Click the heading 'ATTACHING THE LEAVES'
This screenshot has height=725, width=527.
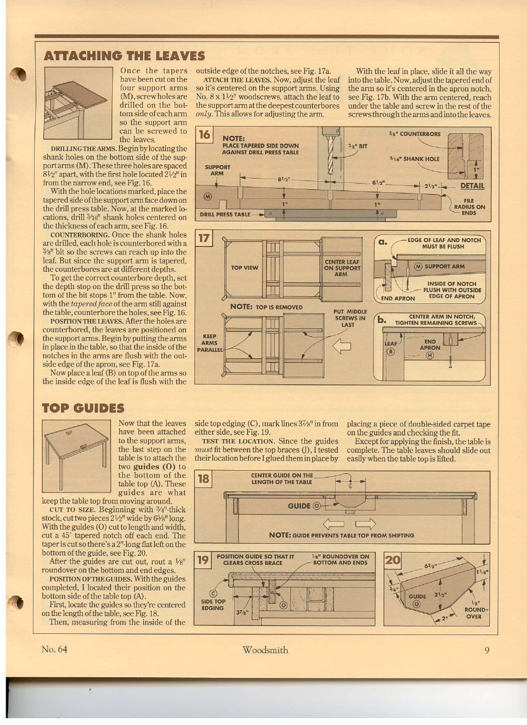tap(124, 56)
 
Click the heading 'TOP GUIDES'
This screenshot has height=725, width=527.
tap(83, 408)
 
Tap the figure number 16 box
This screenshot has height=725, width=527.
tap(204, 135)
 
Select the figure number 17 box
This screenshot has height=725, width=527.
tap(204, 239)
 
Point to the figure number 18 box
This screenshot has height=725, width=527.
tap(203, 479)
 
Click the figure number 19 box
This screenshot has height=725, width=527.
tap(203, 560)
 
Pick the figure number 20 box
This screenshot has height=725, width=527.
tap(393, 560)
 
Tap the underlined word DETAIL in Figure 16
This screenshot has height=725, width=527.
tap(472, 186)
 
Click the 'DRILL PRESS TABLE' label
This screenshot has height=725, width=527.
tap(225, 215)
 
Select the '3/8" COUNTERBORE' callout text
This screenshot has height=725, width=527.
tap(414, 134)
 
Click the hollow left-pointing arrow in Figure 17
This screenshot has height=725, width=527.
tap(342, 346)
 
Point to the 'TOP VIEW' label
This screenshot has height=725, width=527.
tap(245, 268)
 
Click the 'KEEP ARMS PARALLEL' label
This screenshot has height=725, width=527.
tap(210, 343)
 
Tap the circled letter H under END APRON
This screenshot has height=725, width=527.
tap(430, 355)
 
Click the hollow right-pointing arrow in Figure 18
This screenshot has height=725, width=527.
tap(365, 523)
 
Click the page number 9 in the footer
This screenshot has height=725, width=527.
tap(487, 650)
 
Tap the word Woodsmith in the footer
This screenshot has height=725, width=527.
tap(265, 650)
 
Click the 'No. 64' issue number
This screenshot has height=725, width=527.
tap(54, 649)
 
